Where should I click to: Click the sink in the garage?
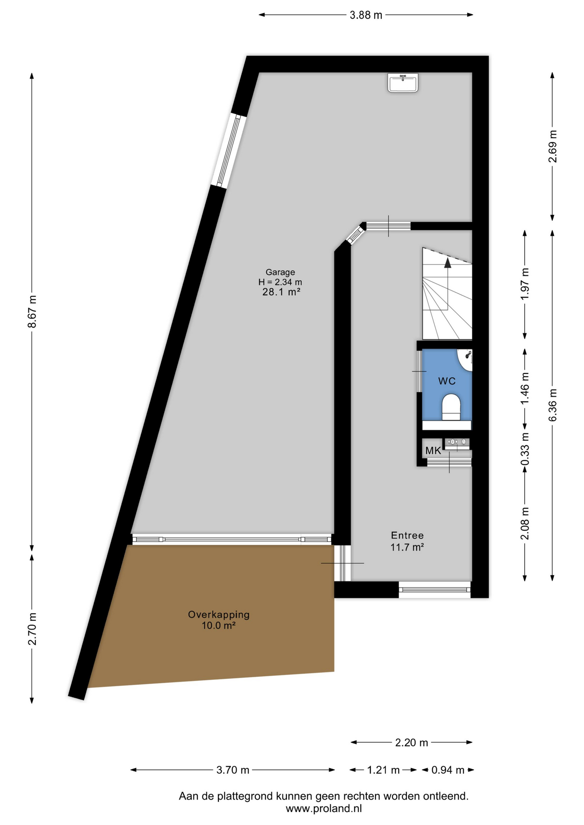click(403, 82)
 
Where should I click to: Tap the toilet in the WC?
click(451, 407)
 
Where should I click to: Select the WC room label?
click(447, 381)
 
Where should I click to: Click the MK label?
click(433, 451)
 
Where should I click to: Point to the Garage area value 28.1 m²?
click(281, 292)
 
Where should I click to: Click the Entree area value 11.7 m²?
click(407, 547)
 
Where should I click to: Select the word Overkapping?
click(219, 614)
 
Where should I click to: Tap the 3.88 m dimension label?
click(366, 15)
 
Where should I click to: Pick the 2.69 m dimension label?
click(553, 146)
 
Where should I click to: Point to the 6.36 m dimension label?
click(553, 405)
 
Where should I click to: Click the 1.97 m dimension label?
click(525, 284)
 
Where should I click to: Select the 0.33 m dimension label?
click(525, 449)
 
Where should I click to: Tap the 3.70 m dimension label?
click(233, 770)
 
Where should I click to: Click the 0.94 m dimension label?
click(448, 770)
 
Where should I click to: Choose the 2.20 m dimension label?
click(412, 742)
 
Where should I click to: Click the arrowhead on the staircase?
click(448, 263)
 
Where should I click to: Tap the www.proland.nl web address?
click(324, 808)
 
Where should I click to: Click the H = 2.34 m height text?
click(280, 282)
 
